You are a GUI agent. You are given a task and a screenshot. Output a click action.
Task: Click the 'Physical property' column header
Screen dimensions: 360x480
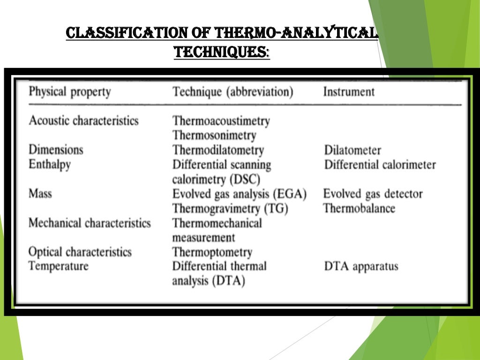click(x=70, y=91)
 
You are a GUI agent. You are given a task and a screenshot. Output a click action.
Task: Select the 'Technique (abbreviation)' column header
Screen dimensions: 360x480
click(x=232, y=91)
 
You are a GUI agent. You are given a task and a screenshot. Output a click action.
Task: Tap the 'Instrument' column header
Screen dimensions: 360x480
click(x=349, y=91)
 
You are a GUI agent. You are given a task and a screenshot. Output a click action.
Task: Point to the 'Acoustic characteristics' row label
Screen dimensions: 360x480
click(x=83, y=120)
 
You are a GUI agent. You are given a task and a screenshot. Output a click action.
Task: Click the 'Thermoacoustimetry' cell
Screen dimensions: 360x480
click(x=221, y=121)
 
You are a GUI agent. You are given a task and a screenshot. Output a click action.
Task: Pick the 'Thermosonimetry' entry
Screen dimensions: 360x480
click(x=214, y=135)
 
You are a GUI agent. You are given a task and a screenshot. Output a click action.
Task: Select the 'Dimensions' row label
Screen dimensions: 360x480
click(x=56, y=150)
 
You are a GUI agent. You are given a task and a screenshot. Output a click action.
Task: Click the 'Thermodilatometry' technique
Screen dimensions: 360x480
click(x=218, y=150)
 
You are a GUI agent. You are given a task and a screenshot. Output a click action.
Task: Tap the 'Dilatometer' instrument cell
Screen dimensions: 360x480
click(x=352, y=150)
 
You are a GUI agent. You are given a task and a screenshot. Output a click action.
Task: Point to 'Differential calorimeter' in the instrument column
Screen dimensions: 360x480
click(x=380, y=165)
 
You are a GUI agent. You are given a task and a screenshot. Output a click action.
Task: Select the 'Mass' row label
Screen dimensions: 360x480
click(x=40, y=194)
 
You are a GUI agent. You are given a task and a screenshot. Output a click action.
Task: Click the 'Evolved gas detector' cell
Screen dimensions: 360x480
click(x=373, y=194)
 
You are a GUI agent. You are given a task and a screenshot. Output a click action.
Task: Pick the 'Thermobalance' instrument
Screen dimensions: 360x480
click(x=359, y=208)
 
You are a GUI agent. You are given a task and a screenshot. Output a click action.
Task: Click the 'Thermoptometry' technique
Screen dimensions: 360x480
click(x=212, y=252)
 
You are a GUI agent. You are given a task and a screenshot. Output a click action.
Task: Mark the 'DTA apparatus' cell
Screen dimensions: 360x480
click(x=361, y=267)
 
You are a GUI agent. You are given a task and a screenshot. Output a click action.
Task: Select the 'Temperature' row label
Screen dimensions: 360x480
click(x=58, y=266)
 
